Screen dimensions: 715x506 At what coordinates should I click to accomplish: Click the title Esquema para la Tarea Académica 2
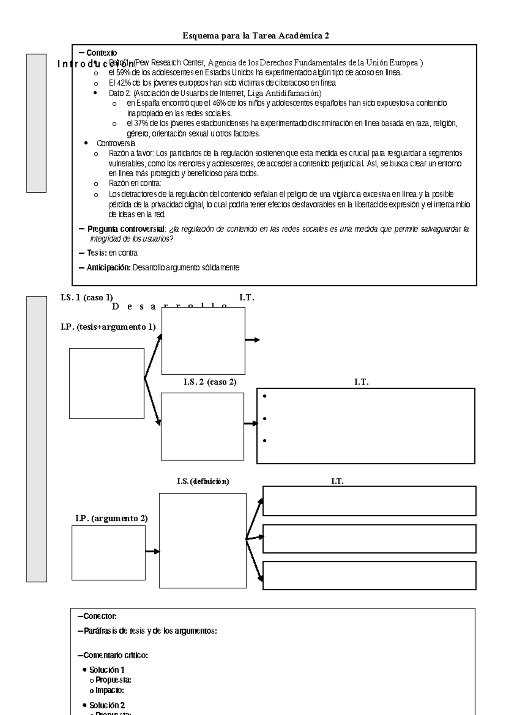[256, 36]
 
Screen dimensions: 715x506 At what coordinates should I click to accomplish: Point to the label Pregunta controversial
[126, 229]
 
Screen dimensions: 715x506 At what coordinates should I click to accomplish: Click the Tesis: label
[97, 253]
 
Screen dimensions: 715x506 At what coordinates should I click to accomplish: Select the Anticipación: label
[109, 268]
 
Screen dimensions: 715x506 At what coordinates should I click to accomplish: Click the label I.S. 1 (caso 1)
[86, 298]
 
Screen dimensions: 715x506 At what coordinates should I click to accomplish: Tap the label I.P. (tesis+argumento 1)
[108, 327]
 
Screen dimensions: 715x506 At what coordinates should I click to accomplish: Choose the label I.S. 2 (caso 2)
[210, 382]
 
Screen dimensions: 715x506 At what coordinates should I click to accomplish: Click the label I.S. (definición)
[203, 481]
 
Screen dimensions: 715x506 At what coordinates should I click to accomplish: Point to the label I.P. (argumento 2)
[111, 519]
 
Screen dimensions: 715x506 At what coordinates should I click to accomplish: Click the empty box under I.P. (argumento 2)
[108, 553]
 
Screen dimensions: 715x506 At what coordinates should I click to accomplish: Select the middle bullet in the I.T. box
[264, 419]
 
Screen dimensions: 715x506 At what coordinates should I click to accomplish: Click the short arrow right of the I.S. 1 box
[253, 340]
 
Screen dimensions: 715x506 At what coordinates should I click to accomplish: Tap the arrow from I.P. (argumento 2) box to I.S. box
[152, 551]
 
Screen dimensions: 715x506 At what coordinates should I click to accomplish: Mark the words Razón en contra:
[135, 184]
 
